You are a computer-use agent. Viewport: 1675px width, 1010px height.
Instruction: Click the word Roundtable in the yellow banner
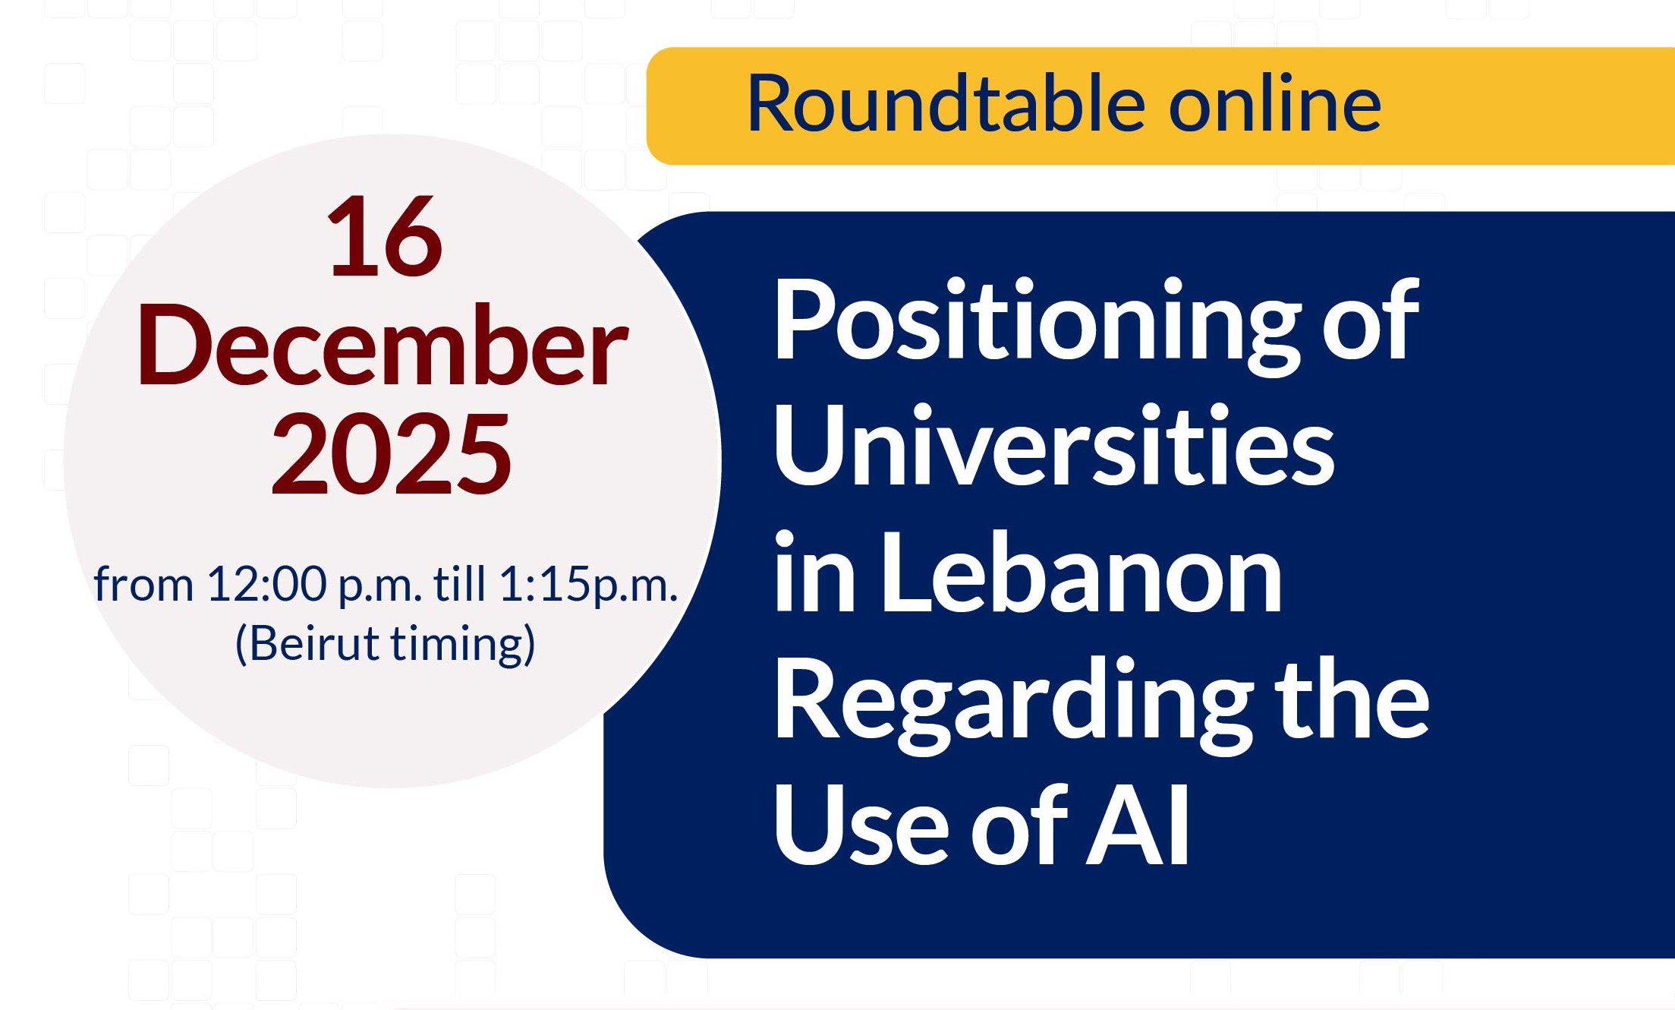point(946,104)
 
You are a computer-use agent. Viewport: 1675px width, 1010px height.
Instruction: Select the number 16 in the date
point(385,237)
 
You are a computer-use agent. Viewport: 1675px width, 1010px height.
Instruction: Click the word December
point(382,346)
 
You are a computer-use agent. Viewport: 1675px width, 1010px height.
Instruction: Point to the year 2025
point(391,454)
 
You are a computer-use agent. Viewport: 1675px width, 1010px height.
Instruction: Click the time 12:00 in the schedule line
point(266,585)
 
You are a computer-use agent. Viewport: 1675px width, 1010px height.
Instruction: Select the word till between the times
point(459,584)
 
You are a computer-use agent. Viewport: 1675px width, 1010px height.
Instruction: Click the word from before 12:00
point(143,585)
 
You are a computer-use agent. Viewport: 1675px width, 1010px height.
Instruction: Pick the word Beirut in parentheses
point(315,644)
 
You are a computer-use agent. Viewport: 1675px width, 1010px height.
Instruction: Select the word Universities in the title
point(1053,446)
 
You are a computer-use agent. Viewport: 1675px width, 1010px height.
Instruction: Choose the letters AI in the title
point(1137,825)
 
